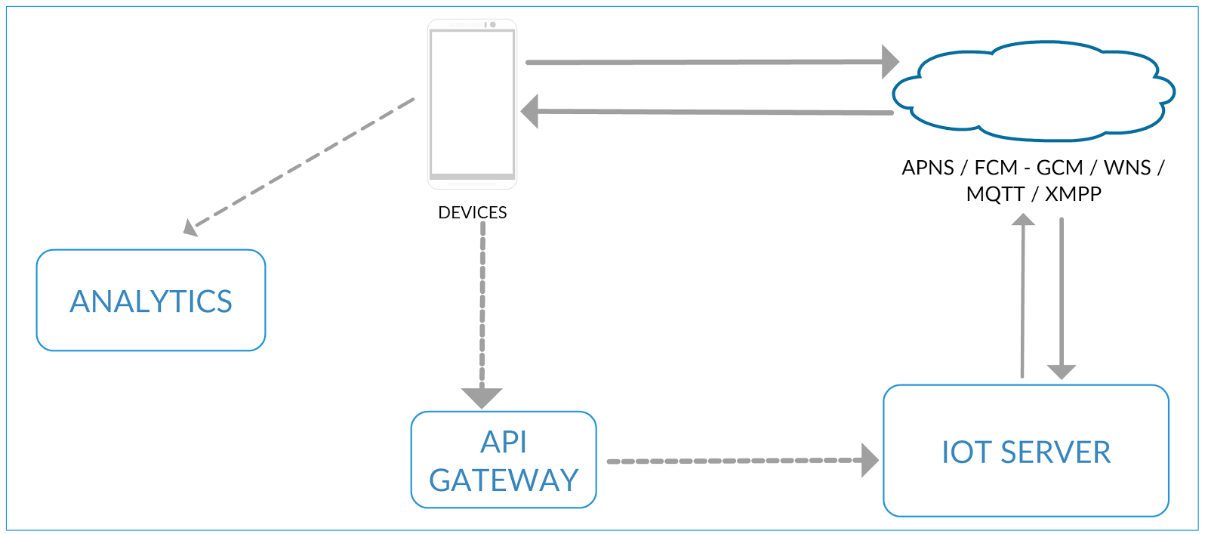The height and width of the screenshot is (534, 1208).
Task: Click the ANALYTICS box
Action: tap(151, 301)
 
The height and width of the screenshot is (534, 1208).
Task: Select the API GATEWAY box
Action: tap(504, 459)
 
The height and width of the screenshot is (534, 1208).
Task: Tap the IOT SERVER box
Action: tap(1026, 451)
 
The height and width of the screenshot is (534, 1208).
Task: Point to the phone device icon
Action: tap(472, 103)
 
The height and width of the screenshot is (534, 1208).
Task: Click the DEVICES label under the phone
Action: tap(472, 213)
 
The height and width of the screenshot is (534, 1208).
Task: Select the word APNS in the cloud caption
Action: tap(928, 168)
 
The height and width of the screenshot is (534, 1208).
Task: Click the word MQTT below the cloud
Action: tap(995, 194)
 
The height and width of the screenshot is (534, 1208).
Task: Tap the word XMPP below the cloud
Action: tap(1073, 194)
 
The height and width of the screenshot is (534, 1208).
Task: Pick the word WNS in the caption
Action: tap(1127, 168)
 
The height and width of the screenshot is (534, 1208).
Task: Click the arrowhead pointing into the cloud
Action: tap(891, 62)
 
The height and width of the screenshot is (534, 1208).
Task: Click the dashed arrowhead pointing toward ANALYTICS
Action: tap(190, 227)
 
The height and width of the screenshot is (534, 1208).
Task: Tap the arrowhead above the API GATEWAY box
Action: tap(482, 397)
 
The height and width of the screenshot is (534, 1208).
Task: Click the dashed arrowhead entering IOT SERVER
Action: tap(871, 460)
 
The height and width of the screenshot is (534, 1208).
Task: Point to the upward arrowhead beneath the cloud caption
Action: tap(1023, 220)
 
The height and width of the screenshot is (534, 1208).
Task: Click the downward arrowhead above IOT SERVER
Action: tap(1062, 372)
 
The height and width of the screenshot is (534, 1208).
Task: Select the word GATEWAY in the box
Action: tap(504, 480)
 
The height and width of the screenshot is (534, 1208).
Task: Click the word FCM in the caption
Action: tap(996, 168)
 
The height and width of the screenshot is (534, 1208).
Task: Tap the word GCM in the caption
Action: tap(1059, 168)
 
